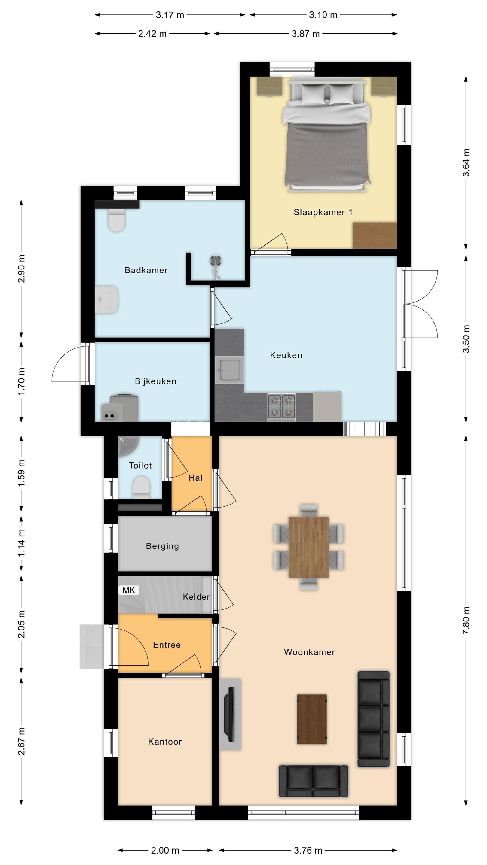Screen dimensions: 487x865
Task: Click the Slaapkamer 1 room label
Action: pyautogui.click(x=323, y=212)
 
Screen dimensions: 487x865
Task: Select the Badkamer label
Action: pyautogui.click(x=146, y=270)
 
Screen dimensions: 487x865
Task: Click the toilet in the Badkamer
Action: pyautogui.click(x=117, y=220)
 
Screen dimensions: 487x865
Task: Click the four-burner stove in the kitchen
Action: pyautogui.click(x=281, y=407)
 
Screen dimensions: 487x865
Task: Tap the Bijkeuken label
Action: pyautogui.click(x=156, y=381)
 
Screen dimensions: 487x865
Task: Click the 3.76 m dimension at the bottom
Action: pyautogui.click(x=308, y=850)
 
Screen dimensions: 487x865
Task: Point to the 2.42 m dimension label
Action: pyautogui.click(x=152, y=34)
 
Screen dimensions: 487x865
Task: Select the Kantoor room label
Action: pyautogui.click(x=165, y=742)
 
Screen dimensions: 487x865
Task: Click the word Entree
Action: pyautogui.click(x=167, y=645)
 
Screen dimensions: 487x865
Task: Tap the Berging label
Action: pyautogui.click(x=162, y=546)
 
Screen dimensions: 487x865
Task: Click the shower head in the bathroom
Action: pyautogui.click(x=216, y=261)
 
